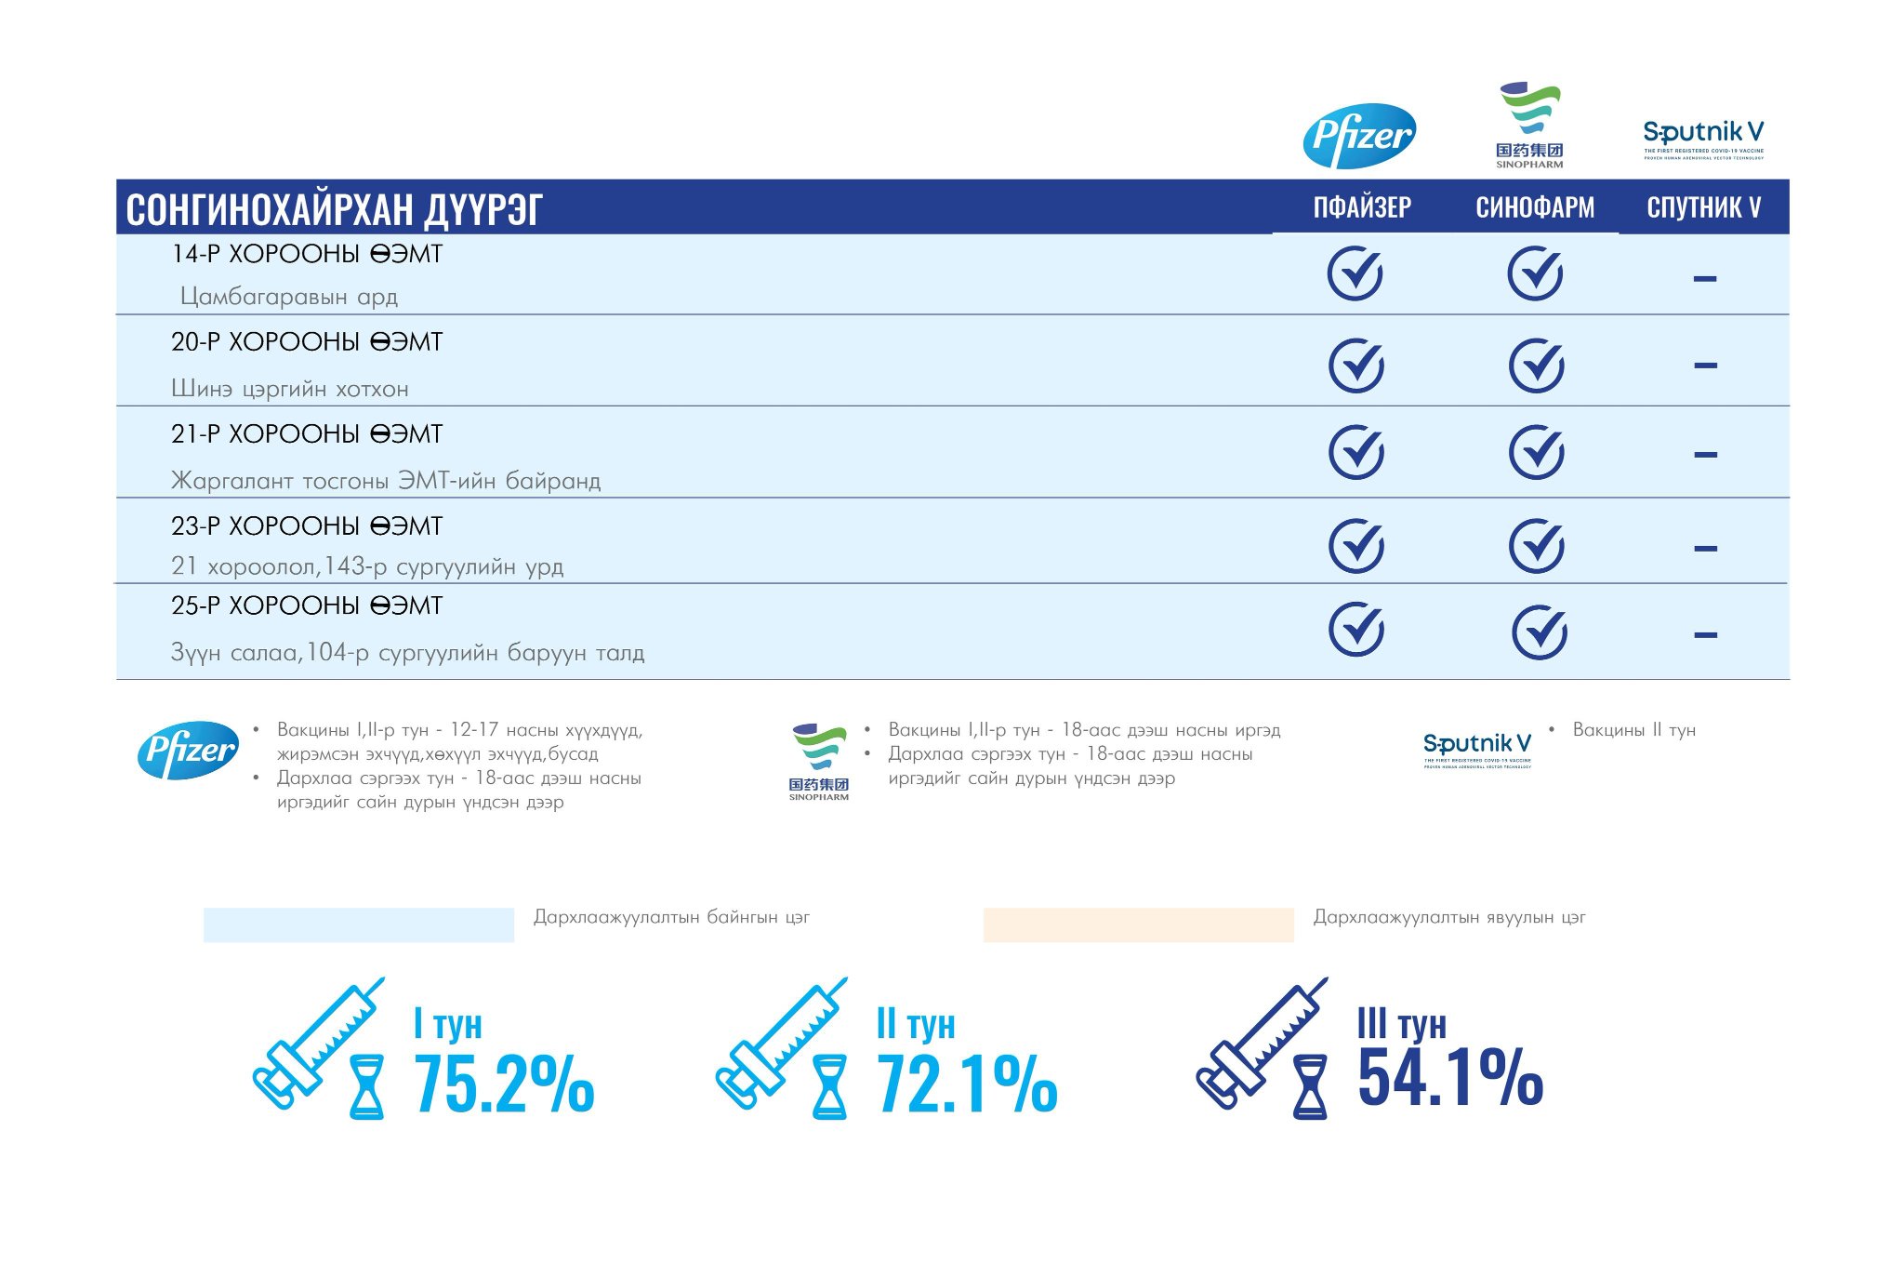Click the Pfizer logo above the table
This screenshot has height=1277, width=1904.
[1359, 136]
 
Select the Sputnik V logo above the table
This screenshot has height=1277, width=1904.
[1703, 139]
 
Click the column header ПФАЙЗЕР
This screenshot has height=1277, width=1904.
[1362, 206]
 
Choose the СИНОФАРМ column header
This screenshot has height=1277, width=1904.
[1535, 206]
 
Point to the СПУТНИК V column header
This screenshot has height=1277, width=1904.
[1703, 206]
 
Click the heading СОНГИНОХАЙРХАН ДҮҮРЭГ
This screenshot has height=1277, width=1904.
[334, 209]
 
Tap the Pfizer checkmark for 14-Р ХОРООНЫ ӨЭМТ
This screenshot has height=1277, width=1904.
[1355, 273]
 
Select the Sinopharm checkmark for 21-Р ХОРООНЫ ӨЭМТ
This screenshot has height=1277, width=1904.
[1537, 453]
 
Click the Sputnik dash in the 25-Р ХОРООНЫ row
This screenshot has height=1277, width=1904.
[1705, 635]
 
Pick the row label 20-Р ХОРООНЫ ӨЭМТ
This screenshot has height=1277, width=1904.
[307, 342]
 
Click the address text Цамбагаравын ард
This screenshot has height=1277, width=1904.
[289, 297]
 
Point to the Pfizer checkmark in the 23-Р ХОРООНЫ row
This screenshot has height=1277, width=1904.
[1356, 545]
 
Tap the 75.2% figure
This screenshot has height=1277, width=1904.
[504, 1084]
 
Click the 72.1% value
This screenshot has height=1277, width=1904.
[967, 1084]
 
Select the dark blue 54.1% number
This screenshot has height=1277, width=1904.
[1450, 1077]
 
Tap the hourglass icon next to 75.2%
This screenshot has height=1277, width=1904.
[365, 1086]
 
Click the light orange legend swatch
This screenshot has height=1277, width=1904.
[1138, 924]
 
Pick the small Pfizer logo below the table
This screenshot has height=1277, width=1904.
[188, 750]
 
